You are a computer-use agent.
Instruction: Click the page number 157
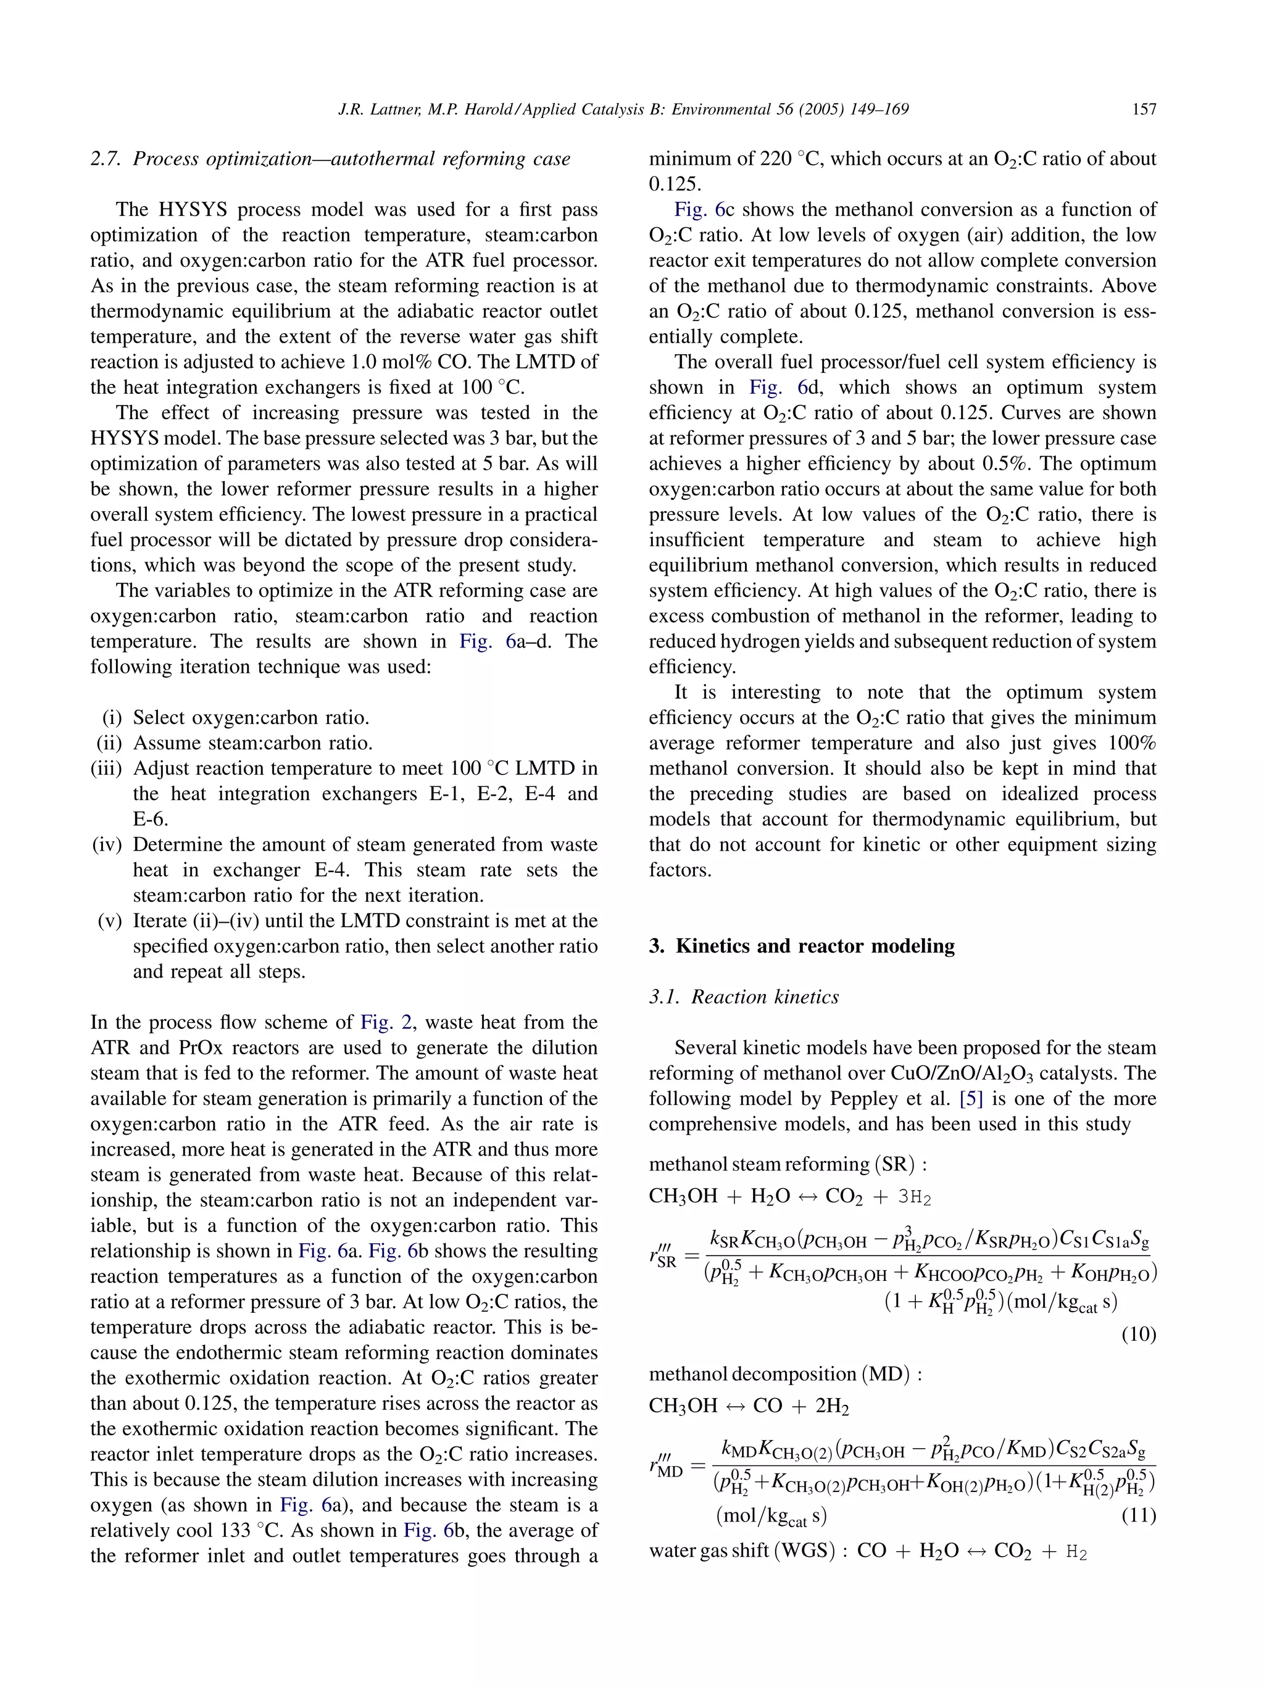pos(1144,109)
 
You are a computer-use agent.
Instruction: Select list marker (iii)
pos(107,768)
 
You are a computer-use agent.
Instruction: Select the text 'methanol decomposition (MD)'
pos(785,1374)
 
